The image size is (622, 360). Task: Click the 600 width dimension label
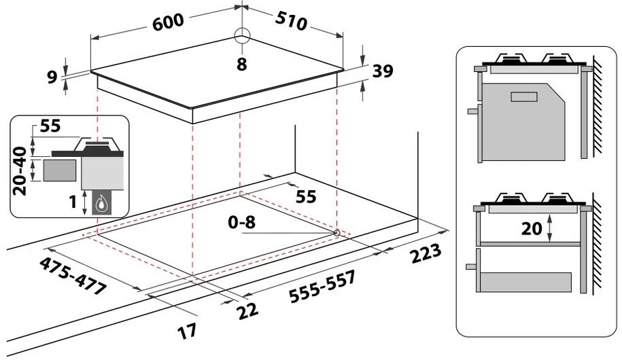(167, 22)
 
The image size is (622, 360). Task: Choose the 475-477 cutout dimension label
(73, 275)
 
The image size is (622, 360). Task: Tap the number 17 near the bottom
(187, 331)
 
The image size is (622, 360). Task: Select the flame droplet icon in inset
(102, 202)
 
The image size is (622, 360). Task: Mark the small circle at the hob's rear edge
(241, 37)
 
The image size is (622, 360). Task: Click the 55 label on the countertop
(307, 197)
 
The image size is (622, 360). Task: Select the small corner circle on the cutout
(337, 233)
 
